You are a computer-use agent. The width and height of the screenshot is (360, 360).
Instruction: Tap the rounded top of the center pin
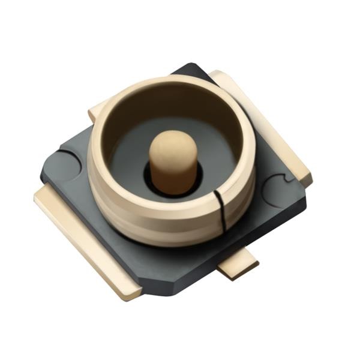(172, 144)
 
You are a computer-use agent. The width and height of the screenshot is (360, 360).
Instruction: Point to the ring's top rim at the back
(174, 82)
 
